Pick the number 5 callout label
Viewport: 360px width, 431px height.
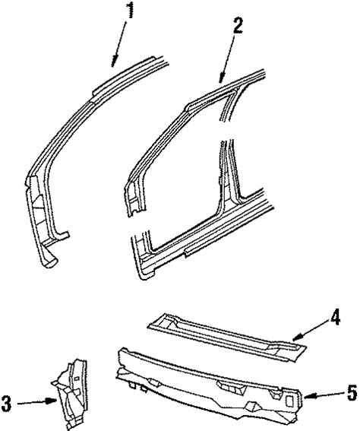[350, 395]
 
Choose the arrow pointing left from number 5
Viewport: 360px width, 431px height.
[322, 395]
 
